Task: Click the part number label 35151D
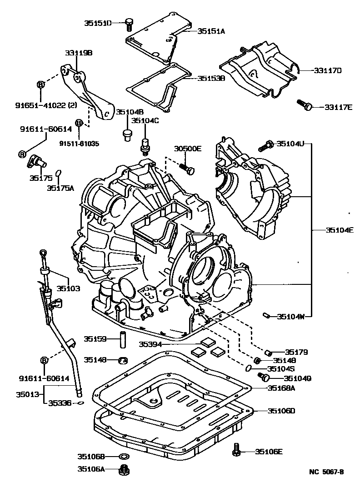tap(97, 22)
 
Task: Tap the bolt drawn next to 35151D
tap(129, 22)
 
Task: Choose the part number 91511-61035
tap(79, 144)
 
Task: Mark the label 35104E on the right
tap(339, 230)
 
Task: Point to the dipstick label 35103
tap(68, 288)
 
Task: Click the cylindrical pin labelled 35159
tap(122, 339)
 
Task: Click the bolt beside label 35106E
tap(236, 450)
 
